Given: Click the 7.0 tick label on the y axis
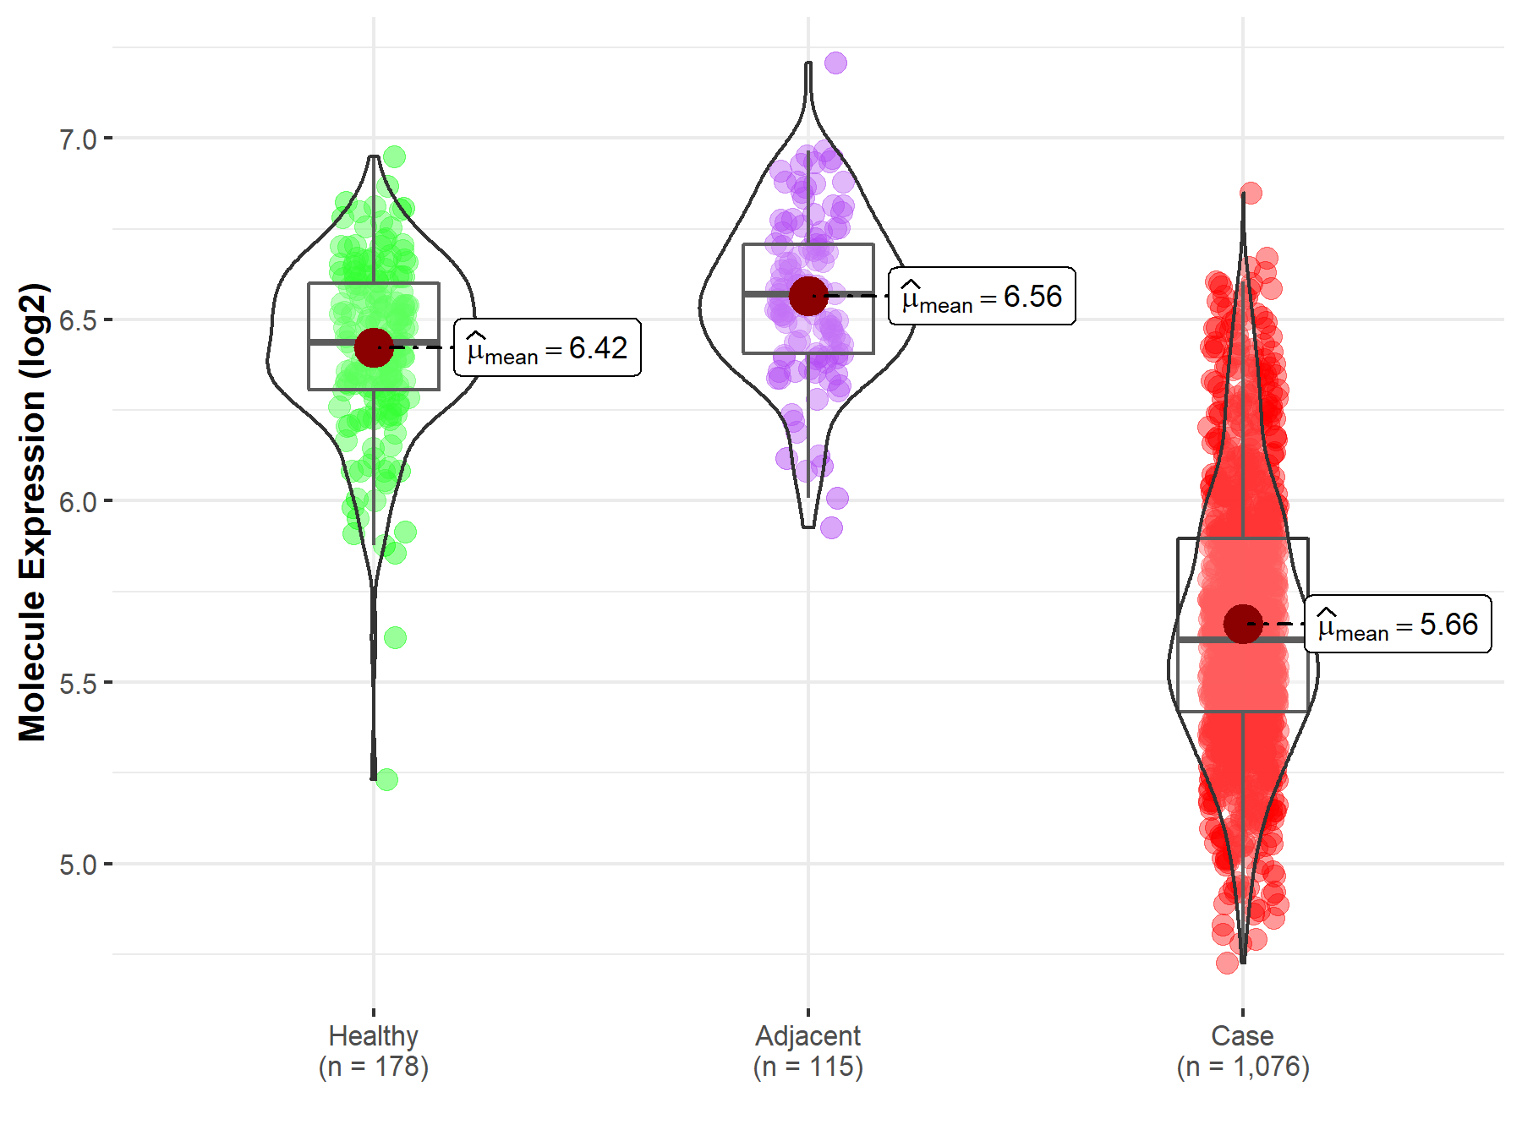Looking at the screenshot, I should tap(78, 139).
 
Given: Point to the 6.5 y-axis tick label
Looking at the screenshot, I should tap(78, 320).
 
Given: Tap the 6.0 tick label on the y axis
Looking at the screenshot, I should tap(78, 501).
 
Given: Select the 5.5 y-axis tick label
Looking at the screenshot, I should tap(78, 683).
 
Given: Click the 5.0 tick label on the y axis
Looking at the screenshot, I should tap(78, 865).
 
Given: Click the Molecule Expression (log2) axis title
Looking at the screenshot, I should tap(32, 512).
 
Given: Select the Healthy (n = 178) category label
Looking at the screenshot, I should tap(374, 1051).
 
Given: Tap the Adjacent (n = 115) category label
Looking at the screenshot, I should tap(808, 1051).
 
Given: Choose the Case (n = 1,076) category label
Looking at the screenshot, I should tap(1243, 1051).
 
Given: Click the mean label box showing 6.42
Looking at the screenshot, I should tap(547, 347).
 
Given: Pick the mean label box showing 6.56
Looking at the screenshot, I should tap(982, 296).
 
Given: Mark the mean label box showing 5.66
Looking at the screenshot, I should tap(1398, 624).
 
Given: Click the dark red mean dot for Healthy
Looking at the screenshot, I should tap(374, 347).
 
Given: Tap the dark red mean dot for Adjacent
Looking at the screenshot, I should tap(808, 296).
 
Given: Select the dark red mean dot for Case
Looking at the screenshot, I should tap(1243, 624).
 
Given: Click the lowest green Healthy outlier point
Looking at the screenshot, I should tap(387, 779).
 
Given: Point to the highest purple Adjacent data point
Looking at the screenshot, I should tap(835, 63).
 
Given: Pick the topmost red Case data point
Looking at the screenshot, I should tap(1251, 194).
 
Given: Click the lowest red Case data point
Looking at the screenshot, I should tap(1228, 963).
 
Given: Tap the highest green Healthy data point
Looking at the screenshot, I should tap(394, 156).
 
